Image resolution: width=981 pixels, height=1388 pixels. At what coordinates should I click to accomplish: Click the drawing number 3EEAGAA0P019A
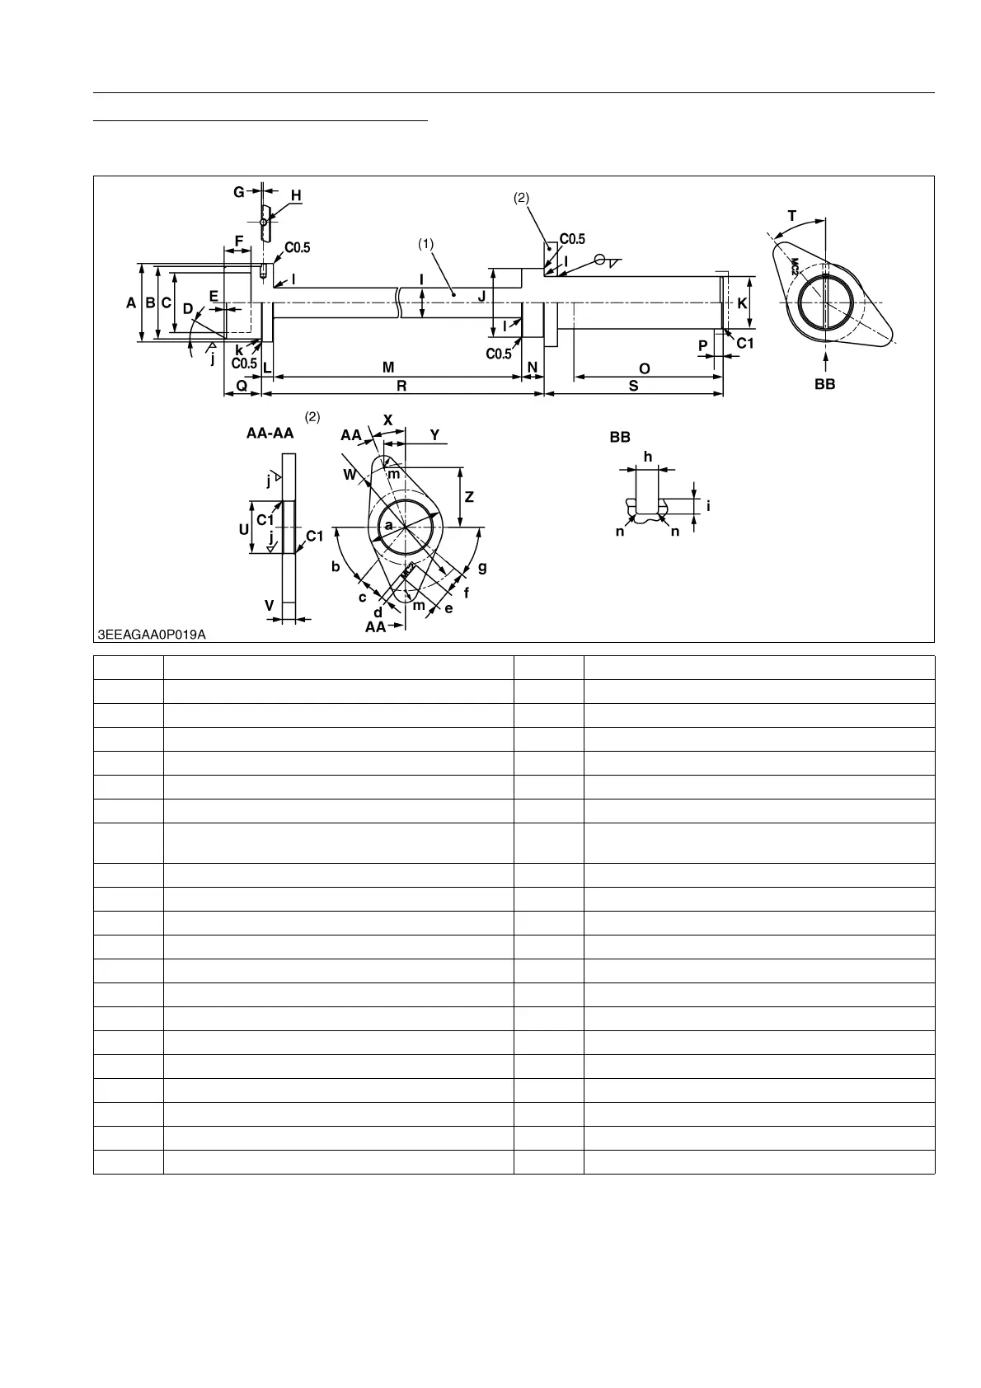click(152, 634)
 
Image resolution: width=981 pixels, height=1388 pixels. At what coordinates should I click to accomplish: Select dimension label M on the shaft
click(388, 367)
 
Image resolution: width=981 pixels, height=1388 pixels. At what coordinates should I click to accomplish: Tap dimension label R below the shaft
click(401, 385)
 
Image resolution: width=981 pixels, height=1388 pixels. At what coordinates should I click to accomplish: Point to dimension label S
click(633, 385)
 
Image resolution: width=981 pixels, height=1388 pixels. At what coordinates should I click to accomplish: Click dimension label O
click(645, 368)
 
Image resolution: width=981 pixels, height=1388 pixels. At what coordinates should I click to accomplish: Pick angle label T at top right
click(792, 216)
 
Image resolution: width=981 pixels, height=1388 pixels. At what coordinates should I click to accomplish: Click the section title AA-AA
click(270, 434)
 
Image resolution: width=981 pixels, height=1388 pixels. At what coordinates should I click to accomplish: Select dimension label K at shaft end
click(742, 303)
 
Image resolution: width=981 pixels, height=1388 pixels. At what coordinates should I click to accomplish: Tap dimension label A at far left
click(131, 303)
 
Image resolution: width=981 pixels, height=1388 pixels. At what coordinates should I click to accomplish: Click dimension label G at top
click(238, 192)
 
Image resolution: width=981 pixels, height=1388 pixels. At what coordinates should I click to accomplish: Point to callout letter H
click(295, 195)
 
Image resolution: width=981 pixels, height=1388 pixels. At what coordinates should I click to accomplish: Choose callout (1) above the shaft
click(425, 244)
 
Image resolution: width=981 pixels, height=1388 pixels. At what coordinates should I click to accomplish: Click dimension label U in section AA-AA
click(244, 529)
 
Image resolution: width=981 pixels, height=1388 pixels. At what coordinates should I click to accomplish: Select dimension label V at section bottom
click(269, 606)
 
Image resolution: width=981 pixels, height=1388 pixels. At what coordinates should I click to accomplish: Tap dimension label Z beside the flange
click(469, 497)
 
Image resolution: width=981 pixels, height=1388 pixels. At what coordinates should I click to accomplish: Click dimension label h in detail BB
click(647, 457)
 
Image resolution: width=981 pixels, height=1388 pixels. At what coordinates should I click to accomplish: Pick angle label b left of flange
click(336, 566)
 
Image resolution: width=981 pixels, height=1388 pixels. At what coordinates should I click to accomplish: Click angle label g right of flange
click(482, 567)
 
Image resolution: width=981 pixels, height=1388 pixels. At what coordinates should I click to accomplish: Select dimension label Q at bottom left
click(242, 385)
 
